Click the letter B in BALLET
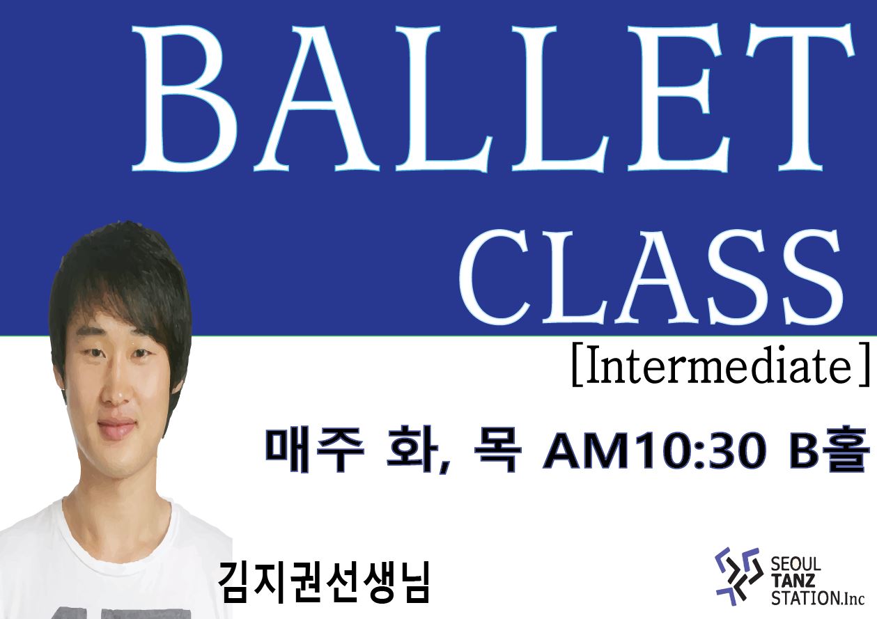click(x=185, y=99)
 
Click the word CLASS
click(x=651, y=277)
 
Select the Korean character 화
click(x=412, y=449)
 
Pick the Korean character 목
click(x=497, y=450)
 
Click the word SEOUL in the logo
click(x=796, y=565)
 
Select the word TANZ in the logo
click(x=793, y=581)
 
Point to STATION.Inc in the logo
click(x=818, y=598)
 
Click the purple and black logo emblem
click(x=738, y=577)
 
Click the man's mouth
click(x=116, y=428)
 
